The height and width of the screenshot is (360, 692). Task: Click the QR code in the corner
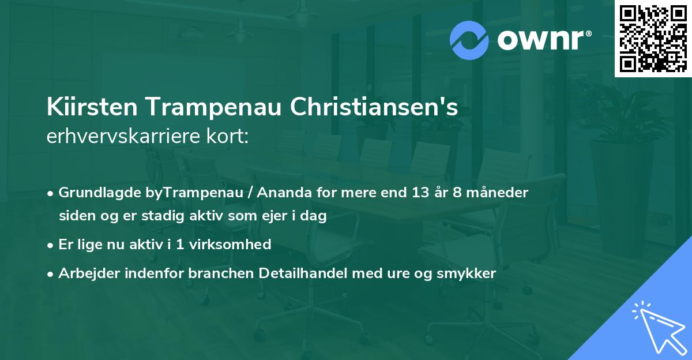tap(653, 38)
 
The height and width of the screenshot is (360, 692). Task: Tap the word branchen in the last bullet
tap(215, 274)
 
